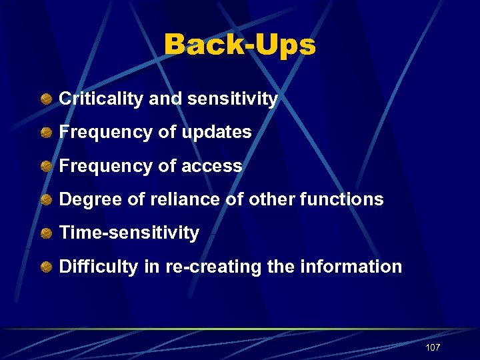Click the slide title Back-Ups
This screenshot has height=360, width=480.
239,45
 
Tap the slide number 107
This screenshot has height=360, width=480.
432,347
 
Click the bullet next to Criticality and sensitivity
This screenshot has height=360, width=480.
46,99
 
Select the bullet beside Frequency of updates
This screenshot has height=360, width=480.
46,133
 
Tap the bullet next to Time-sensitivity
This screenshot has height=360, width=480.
46,233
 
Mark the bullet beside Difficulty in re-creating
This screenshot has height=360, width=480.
46,267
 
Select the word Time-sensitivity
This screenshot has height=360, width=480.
129,233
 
